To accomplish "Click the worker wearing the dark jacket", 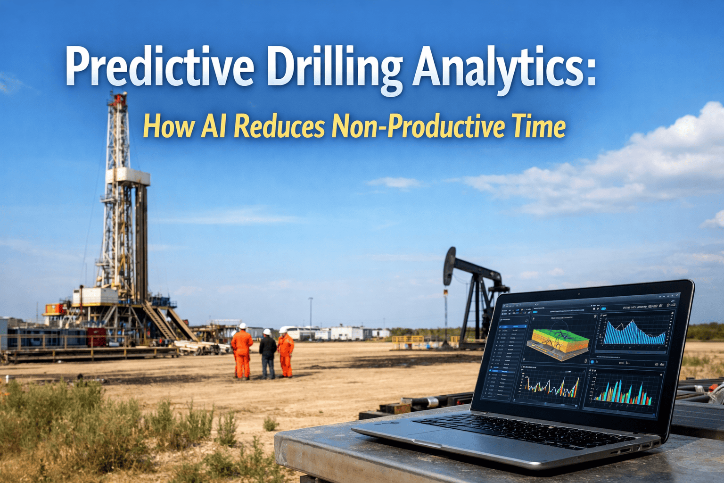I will point(268,354).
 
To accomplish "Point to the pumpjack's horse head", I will point(449,266).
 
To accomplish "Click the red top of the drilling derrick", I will point(117,99).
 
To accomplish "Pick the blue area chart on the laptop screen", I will point(634,333).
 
